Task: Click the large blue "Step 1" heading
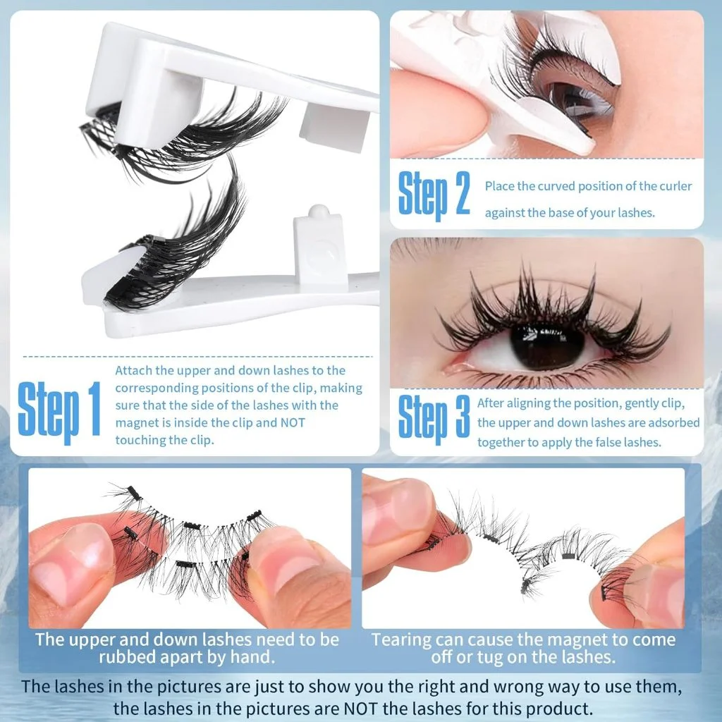click(x=59, y=411)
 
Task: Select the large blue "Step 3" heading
click(x=434, y=418)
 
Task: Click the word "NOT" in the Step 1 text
click(x=293, y=422)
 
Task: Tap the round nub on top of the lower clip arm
click(x=318, y=212)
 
